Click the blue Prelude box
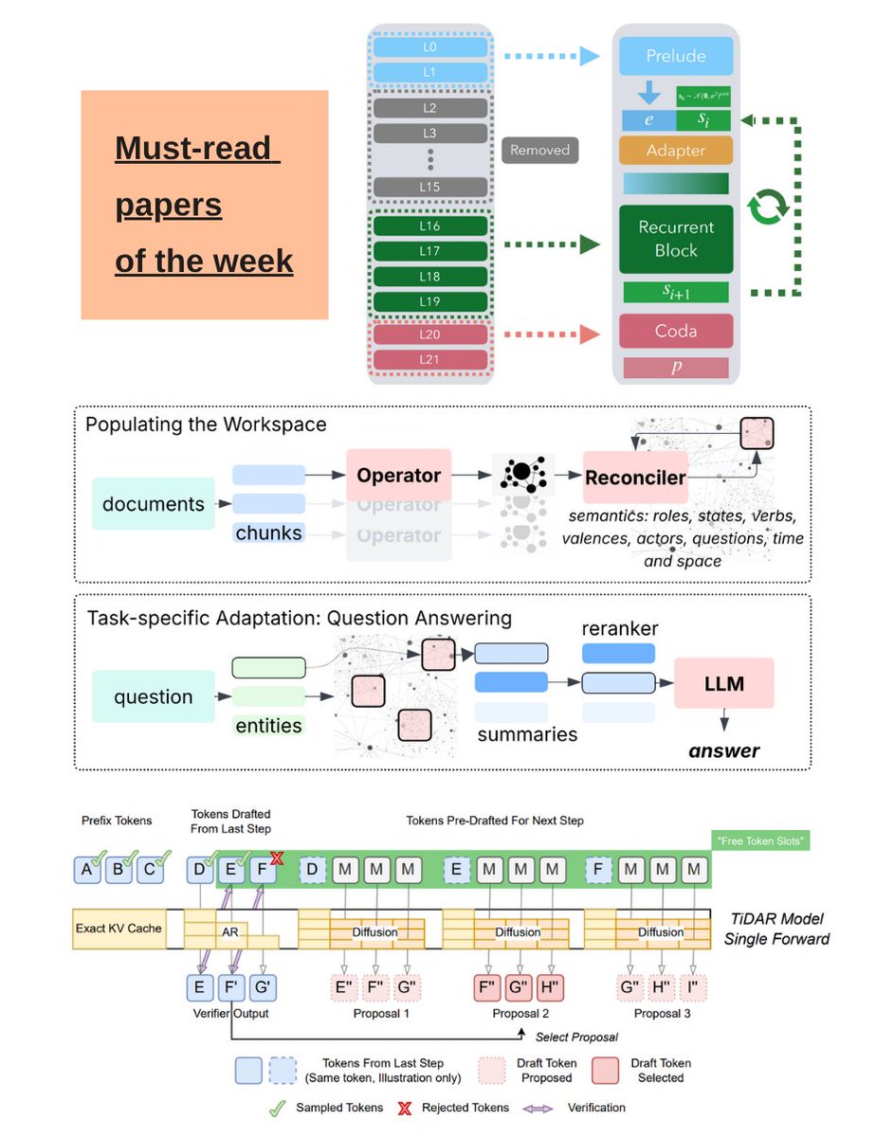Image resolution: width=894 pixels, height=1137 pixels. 676,56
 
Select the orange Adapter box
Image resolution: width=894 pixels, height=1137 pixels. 676,151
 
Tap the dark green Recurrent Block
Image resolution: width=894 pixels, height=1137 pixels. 676,239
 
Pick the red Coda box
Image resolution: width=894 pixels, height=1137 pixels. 676,331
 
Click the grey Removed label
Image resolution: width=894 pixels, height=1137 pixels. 540,150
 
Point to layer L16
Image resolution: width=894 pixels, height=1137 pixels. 430,226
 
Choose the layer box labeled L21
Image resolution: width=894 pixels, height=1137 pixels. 430,360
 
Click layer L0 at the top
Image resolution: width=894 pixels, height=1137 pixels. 430,45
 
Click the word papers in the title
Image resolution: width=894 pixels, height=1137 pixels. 169,205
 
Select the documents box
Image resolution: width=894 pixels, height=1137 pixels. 154,504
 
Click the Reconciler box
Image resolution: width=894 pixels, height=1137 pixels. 635,478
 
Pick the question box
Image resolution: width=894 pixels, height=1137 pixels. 154,697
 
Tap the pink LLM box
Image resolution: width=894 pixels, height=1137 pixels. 724,682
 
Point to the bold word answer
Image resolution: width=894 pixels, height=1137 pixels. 724,751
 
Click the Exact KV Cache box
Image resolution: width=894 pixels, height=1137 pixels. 119,929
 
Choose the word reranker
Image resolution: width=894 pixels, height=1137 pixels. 620,629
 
